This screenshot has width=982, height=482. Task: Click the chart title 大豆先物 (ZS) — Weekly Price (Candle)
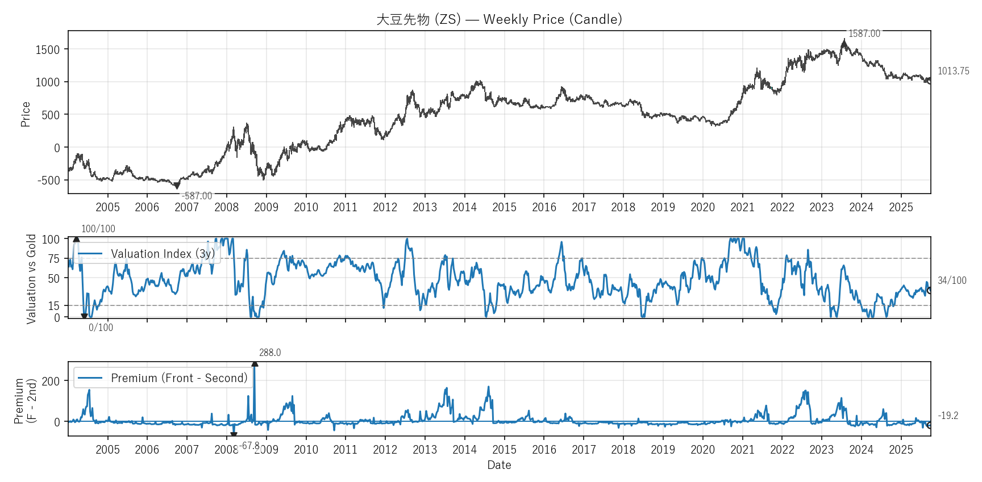[x=499, y=19]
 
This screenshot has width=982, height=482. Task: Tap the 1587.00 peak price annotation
[x=864, y=34]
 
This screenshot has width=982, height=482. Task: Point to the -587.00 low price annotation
[x=197, y=196]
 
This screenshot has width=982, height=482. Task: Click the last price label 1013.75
[x=953, y=71]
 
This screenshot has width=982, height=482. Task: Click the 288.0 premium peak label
[x=270, y=353]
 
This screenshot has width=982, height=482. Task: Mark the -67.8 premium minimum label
[x=249, y=446]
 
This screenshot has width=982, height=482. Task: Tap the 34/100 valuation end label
[x=951, y=280]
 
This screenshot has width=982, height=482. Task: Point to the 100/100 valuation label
[x=98, y=229]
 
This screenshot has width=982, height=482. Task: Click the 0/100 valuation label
[x=101, y=328]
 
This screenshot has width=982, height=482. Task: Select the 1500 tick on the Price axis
[x=48, y=49]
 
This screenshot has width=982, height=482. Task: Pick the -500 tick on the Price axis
[x=49, y=181]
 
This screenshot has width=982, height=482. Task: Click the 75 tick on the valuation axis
[x=53, y=259]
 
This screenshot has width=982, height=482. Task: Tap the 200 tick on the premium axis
[x=51, y=381]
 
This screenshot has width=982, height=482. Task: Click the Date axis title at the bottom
[x=499, y=465]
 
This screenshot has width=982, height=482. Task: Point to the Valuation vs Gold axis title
[x=31, y=279]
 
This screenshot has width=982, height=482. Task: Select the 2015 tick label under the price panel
[x=504, y=207]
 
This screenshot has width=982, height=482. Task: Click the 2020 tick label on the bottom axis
[x=702, y=450]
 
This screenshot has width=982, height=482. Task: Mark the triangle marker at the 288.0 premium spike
[x=255, y=364]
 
